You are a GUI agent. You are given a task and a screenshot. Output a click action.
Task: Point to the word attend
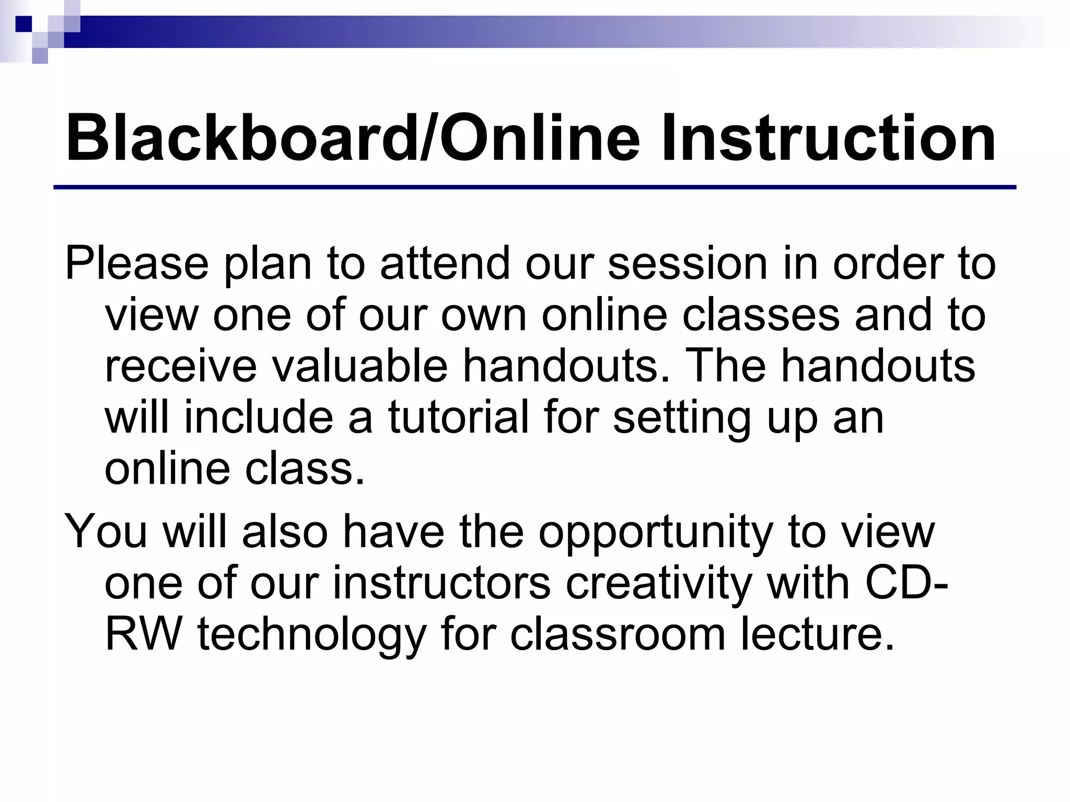click(x=445, y=264)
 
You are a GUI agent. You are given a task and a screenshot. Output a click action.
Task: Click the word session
click(x=688, y=264)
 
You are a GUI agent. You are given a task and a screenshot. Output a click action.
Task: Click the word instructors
click(x=441, y=583)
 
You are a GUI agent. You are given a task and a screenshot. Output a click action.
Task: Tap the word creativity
click(x=658, y=584)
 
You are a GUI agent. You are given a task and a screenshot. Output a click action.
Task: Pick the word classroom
click(x=618, y=635)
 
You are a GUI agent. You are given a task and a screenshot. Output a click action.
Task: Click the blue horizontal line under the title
click(x=534, y=187)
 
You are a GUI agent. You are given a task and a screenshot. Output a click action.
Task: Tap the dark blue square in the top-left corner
click(x=24, y=24)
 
